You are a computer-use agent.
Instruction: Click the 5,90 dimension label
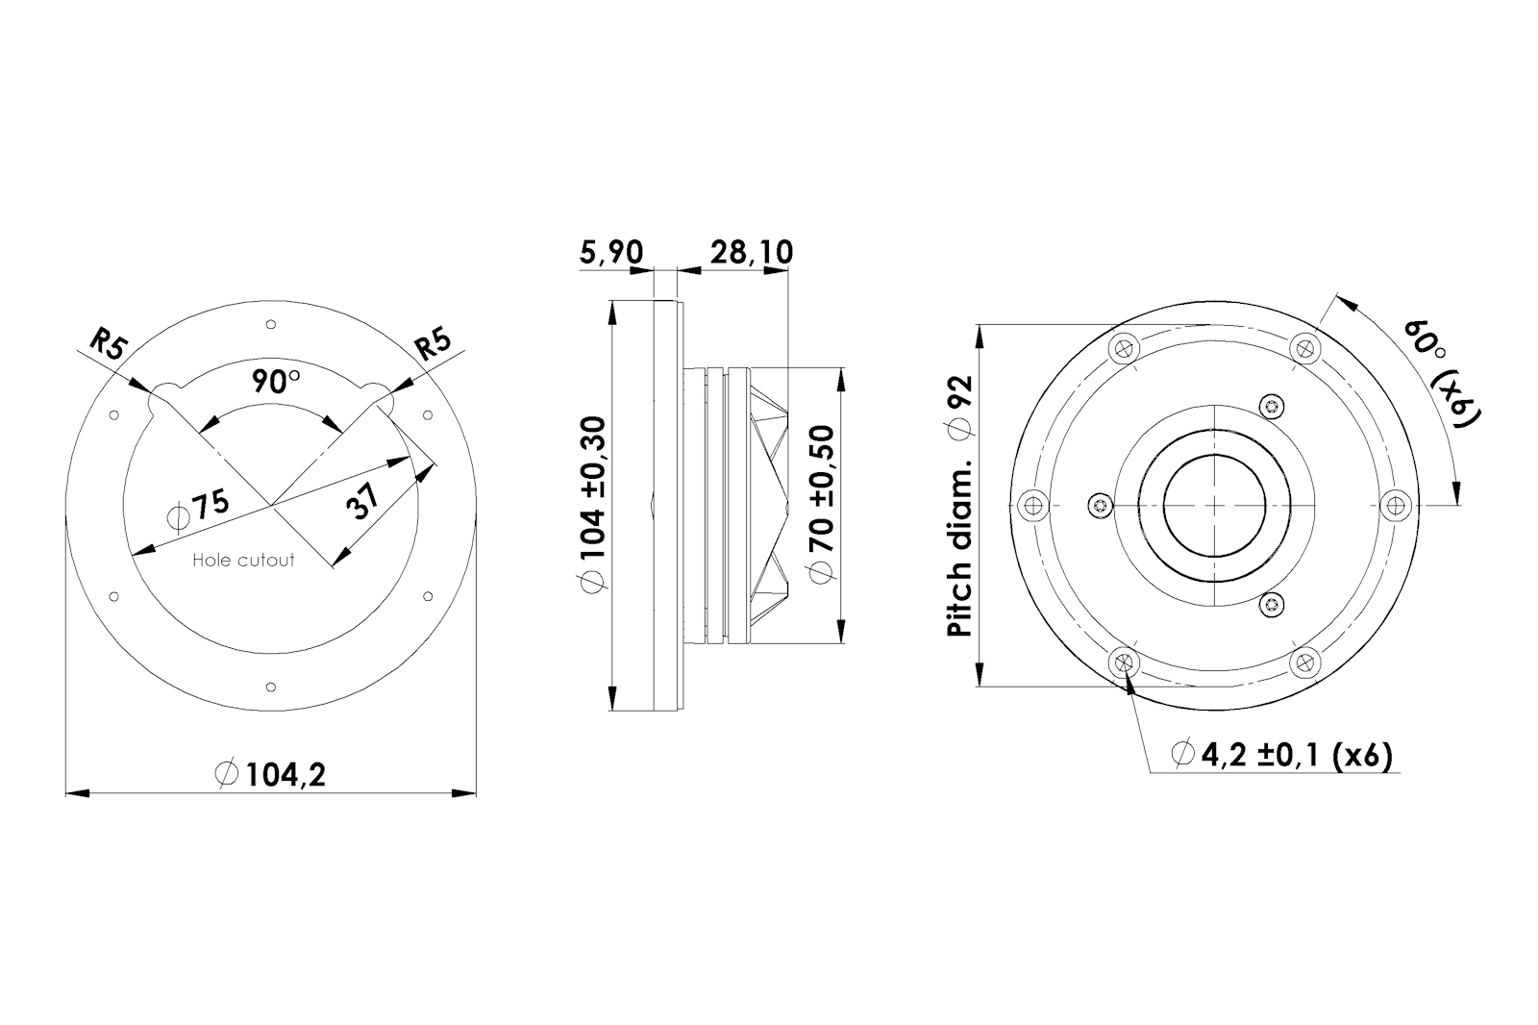tap(611, 252)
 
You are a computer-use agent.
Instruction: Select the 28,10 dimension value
tap(751, 252)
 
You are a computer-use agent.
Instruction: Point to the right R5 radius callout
tap(434, 344)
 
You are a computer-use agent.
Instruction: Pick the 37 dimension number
tap(361, 501)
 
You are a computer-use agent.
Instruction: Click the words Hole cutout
tap(244, 560)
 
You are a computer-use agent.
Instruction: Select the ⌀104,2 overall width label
tap(270, 774)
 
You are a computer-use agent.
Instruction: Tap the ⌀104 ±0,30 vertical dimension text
tap(593, 504)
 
